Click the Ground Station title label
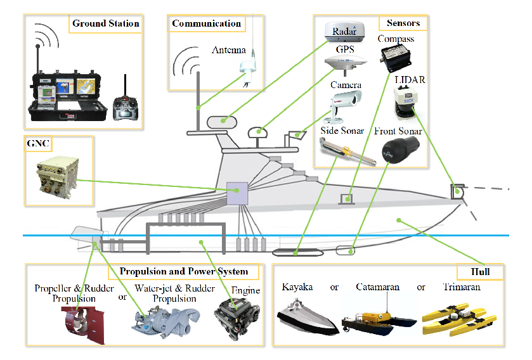[x=105, y=23]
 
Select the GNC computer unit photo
[x=57, y=177]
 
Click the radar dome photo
[x=344, y=32]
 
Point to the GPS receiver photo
[x=346, y=63]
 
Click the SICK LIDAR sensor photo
[x=406, y=103]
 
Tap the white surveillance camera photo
[x=342, y=106]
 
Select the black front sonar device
[x=400, y=150]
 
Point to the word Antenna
[x=229, y=50]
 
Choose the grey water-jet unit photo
[x=165, y=322]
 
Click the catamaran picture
[x=379, y=320]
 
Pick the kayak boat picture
[x=308, y=317]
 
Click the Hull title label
[x=480, y=271]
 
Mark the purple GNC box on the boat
[x=237, y=193]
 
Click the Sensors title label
[x=403, y=23]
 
